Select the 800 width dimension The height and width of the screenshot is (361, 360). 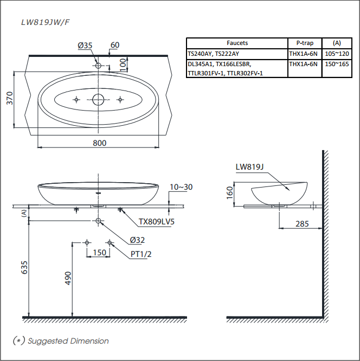[x=99, y=143]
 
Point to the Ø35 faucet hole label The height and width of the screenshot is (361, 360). [x=85, y=46]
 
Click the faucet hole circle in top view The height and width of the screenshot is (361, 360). [x=99, y=66]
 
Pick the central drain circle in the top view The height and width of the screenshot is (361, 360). [x=99, y=99]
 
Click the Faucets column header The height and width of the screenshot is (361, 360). [x=237, y=43]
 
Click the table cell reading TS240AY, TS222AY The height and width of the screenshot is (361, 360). [x=213, y=54]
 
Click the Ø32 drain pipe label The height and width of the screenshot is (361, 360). [x=138, y=240]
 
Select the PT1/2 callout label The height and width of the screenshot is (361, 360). [x=140, y=254]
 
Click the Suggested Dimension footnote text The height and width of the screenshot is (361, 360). [x=68, y=341]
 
